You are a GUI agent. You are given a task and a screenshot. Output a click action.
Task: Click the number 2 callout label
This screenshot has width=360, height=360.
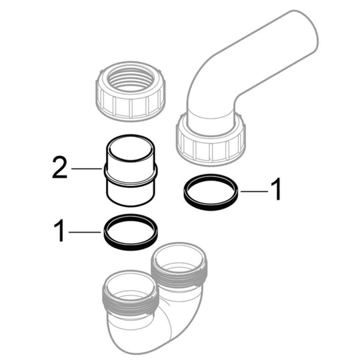(59, 168)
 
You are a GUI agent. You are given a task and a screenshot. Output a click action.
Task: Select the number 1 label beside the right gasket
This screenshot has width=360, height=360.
(275, 190)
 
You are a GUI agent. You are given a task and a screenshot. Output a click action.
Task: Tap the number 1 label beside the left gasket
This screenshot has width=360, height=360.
(59, 231)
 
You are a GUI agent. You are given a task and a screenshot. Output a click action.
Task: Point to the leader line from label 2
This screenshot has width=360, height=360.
(87, 169)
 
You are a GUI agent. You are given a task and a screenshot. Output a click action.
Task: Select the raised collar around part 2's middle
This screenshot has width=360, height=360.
(131, 175)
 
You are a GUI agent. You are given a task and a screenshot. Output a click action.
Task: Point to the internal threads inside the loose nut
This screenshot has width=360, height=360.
(130, 82)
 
